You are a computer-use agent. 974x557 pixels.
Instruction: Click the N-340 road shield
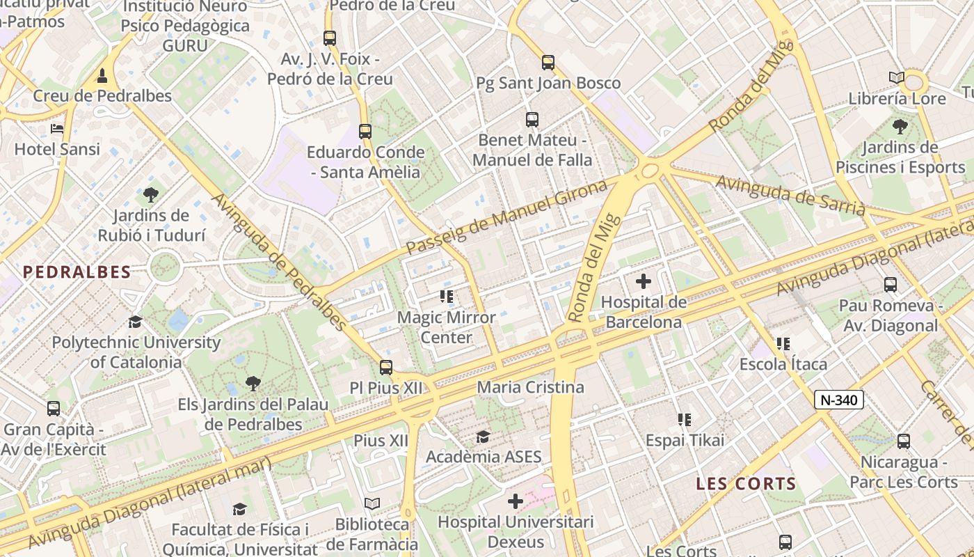pos(839,400)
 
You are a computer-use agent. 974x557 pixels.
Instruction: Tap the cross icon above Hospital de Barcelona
pos(644,281)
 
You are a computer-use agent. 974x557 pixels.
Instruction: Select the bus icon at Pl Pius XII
pos(385,367)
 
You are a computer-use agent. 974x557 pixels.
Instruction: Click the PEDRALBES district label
pos(77,272)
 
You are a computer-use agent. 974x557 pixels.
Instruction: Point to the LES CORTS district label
pos(746,484)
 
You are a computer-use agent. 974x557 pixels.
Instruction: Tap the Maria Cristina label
pos(530,387)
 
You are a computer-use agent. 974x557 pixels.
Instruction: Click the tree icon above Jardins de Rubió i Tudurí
pos(151,194)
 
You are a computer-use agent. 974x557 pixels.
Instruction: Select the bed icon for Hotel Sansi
pos(57,129)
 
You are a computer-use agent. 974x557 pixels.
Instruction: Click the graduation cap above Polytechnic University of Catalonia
pos(136,322)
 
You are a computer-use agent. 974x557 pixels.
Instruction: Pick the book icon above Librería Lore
pos(897,77)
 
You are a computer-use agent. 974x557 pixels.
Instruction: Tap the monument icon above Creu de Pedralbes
pos(102,74)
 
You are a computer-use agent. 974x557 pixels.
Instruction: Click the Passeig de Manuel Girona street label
pos(506,217)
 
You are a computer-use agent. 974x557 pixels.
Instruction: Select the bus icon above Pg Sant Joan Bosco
pos(548,63)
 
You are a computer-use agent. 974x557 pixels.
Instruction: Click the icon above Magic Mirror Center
pos(447,297)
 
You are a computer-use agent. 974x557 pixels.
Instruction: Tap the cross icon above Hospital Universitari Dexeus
pos(516,501)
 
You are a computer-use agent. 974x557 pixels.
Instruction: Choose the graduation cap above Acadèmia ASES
pos(483,437)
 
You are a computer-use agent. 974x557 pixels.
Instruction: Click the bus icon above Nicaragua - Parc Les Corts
pos(903,441)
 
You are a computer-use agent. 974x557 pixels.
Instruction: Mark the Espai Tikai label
pos(685,440)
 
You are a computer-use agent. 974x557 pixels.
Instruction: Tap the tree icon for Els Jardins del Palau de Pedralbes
pos(253,383)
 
